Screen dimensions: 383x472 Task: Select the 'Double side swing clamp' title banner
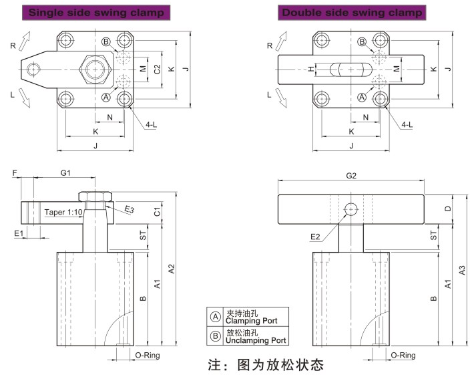[352, 13]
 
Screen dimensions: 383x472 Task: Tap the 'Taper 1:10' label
[64, 212]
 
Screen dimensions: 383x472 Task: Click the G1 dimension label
[65, 172]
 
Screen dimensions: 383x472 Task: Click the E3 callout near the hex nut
[130, 210]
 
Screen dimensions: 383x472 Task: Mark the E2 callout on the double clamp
[316, 237]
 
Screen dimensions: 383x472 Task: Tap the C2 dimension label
[156, 69]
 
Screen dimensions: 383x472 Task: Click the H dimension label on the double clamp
[310, 69]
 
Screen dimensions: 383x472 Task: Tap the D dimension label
[448, 209]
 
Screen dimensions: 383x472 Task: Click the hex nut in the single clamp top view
[93, 69]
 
